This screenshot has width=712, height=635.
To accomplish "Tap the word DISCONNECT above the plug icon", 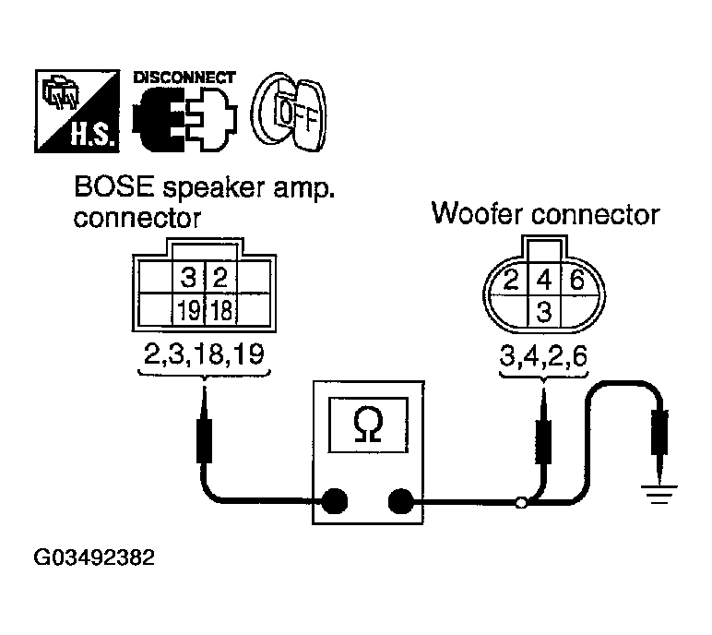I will [x=184, y=78].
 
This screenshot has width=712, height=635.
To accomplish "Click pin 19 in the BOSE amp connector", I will [x=187, y=310].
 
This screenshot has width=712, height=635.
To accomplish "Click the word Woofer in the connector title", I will [x=479, y=215].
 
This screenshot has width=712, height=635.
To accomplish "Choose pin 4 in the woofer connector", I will [x=544, y=279].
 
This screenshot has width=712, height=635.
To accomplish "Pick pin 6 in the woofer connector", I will [x=576, y=279].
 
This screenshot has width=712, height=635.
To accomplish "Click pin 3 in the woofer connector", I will [x=544, y=311].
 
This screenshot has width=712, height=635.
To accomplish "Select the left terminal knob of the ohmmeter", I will [x=334, y=502].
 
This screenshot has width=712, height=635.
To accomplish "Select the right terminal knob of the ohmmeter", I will [x=401, y=502].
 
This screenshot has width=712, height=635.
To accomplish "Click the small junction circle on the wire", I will [x=521, y=503].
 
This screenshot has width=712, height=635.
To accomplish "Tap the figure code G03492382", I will [x=95, y=559].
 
